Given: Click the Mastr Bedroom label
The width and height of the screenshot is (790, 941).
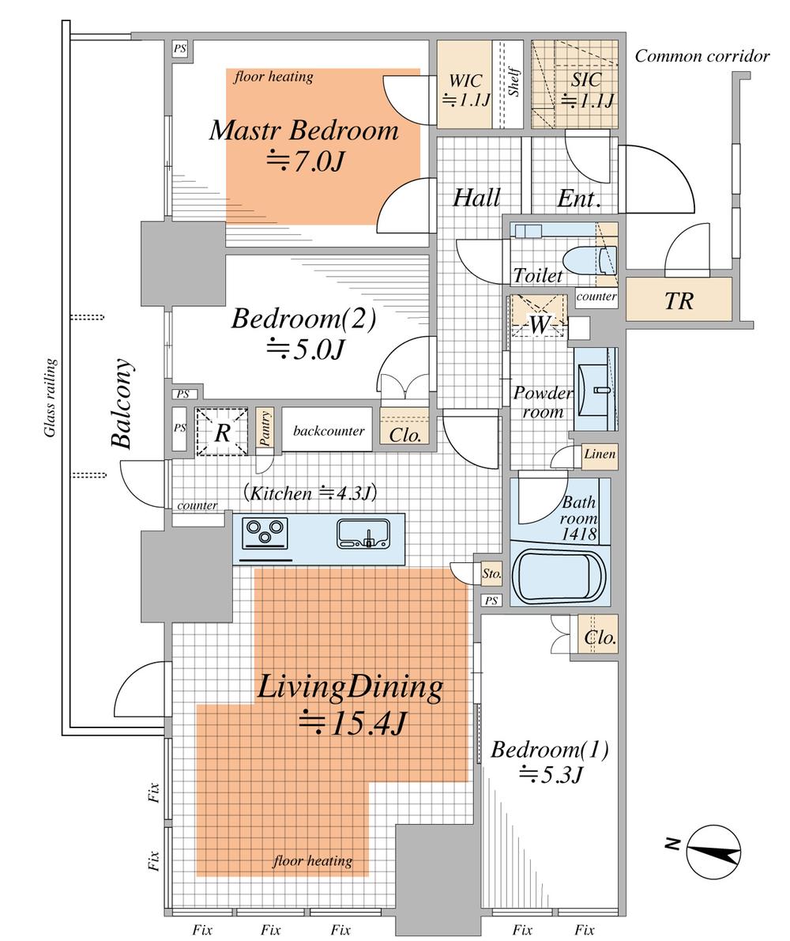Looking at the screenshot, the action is click(304, 130).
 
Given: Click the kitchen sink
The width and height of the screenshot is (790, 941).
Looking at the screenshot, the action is click(364, 533).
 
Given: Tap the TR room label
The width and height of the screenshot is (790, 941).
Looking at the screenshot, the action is click(679, 300).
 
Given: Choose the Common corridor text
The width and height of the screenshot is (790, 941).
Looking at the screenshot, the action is click(702, 56).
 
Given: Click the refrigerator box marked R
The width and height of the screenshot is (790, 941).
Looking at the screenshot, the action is click(222, 432).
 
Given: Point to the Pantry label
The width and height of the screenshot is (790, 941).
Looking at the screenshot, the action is click(265, 428).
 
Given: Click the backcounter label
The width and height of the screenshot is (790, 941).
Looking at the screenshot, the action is click(329, 430).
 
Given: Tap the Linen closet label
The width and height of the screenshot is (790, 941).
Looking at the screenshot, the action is click(600, 454).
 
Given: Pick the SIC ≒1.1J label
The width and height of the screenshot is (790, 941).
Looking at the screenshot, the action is click(586, 89).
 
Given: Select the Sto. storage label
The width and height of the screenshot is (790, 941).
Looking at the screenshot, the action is click(491, 574).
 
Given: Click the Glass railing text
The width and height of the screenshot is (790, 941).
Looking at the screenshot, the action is click(51, 397).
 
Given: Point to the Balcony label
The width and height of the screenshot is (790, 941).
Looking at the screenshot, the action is click(122, 403).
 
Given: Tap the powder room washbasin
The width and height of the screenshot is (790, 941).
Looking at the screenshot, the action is click(595, 389).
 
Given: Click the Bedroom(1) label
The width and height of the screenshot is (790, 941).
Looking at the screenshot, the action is click(550, 750).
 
